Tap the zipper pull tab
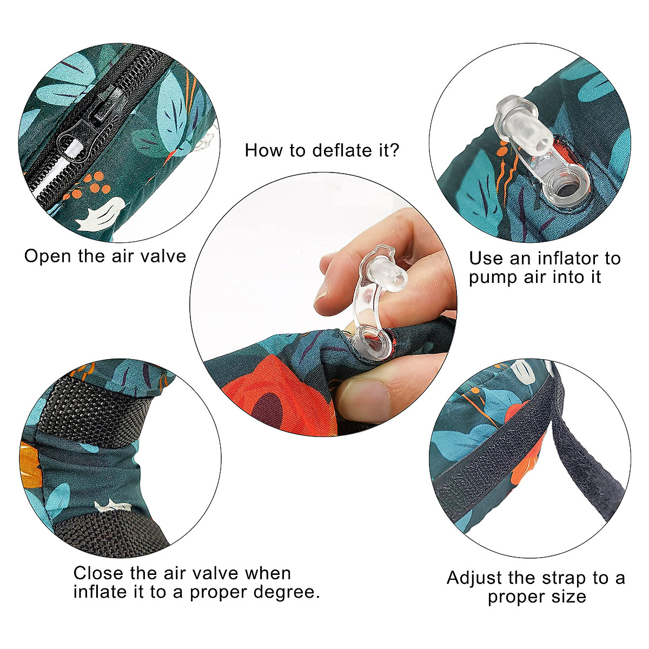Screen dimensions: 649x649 [x=74, y=142]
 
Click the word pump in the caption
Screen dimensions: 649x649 [x=489, y=277]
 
